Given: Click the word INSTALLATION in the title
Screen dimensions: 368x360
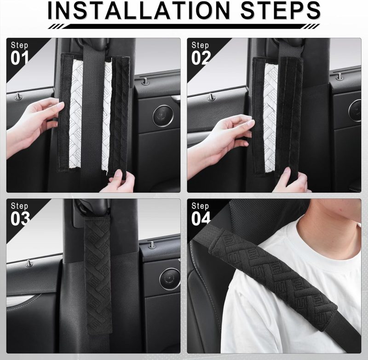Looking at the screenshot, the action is [x=139, y=10].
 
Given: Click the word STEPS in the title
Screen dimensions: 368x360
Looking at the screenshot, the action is [x=281, y=10].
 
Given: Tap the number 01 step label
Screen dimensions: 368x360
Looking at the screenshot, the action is [x=19, y=58].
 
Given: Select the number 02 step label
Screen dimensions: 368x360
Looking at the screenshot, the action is [x=201, y=58].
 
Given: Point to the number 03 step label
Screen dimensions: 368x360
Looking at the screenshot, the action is [x=20, y=219].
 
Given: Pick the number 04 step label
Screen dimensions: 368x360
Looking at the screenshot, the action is [x=201, y=219].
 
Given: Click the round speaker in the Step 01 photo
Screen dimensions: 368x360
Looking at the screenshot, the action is [x=163, y=116].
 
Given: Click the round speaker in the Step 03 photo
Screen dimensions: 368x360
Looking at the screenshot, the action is [x=170, y=279].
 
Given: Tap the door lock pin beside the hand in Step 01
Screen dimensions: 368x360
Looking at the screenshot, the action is [x=18, y=96].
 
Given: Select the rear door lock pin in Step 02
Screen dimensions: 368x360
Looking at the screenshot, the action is [x=339, y=76].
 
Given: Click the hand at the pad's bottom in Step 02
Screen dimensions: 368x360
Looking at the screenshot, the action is [x=291, y=181].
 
